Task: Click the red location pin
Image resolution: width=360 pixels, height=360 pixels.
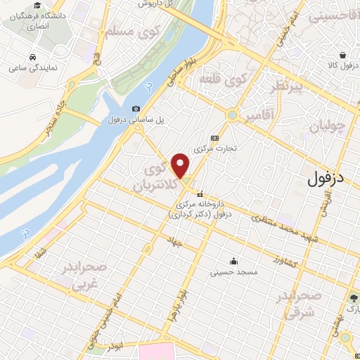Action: pyautogui.click(x=181, y=165)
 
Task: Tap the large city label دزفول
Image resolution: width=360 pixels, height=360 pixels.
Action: pyautogui.click(x=327, y=179)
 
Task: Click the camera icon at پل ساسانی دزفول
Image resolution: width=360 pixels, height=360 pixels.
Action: pyautogui.click(x=136, y=109)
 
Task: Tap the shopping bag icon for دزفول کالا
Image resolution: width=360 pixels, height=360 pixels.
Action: pyautogui.click(x=342, y=55)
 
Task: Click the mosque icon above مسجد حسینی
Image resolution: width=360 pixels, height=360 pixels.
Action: pyautogui.click(x=234, y=261)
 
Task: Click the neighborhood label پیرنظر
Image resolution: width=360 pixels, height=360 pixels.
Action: pyautogui.click(x=288, y=87)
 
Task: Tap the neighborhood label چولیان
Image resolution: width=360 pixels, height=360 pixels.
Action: pyautogui.click(x=327, y=127)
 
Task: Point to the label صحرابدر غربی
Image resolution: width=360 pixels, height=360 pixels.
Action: pyautogui.click(x=84, y=276)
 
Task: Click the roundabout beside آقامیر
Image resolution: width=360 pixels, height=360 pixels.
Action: pyautogui.click(x=231, y=115)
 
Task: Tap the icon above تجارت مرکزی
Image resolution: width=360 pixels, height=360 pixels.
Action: pyautogui.click(x=215, y=139)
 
